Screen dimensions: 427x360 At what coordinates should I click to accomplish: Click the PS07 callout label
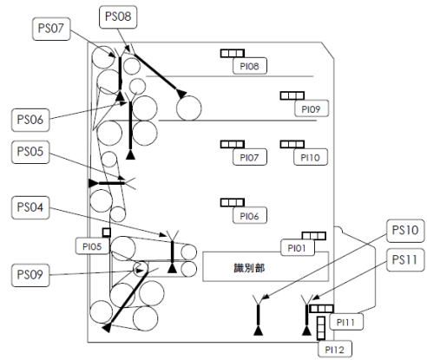(x=51, y=29)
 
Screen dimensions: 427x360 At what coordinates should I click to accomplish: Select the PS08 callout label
(x=118, y=16)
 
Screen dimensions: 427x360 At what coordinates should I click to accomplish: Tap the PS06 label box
(x=30, y=120)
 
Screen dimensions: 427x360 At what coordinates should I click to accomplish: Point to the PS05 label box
(x=30, y=152)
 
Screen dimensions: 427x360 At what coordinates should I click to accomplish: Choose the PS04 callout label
(x=30, y=207)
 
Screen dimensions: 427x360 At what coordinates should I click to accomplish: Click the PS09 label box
(x=30, y=275)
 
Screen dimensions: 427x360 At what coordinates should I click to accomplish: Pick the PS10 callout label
(x=405, y=231)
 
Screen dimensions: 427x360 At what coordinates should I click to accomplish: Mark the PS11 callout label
(x=405, y=260)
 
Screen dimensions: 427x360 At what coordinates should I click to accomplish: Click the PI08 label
(x=250, y=66)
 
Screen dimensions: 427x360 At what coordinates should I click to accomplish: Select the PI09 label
(x=312, y=109)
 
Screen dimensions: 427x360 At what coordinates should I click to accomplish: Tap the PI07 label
(x=249, y=157)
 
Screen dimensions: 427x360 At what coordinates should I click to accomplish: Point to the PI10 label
(x=311, y=157)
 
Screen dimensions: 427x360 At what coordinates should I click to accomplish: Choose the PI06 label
(x=249, y=216)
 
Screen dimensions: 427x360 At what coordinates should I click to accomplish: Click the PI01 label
(x=298, y=247)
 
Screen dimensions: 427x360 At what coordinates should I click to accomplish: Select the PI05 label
(x=92, y=246)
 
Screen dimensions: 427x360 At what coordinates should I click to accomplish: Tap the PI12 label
(x=335, y=350)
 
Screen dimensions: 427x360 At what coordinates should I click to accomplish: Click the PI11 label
(x=346, y=322)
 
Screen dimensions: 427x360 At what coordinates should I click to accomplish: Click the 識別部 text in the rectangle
(x=249, y=268)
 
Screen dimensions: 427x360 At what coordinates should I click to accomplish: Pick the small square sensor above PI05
(x=107, y=232)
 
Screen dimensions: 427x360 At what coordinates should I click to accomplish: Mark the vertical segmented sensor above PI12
(x=321, y=328)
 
